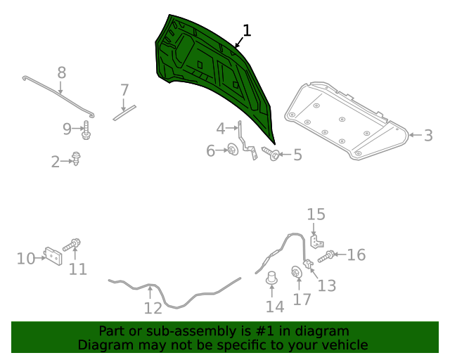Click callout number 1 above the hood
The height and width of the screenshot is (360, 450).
pos(246,30)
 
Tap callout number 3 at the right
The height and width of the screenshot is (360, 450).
pos(428,135)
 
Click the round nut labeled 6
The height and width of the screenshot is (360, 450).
pos(231,150)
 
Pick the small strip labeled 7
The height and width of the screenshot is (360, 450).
pos(126,111)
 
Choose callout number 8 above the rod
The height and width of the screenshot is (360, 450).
pos(61,72)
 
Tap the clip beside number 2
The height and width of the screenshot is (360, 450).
pos(76,160)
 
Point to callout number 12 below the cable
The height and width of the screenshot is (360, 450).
pos(153,307)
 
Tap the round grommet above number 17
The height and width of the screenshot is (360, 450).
pos(297,272)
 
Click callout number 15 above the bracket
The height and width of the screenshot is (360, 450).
pos(316,214)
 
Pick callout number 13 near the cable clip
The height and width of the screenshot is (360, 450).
pos(327,285)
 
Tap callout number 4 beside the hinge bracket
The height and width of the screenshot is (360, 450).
pos(221,129)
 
